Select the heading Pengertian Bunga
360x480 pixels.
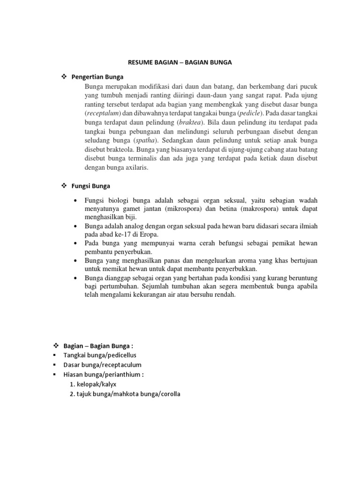(97, 77)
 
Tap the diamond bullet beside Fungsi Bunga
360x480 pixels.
(64, 186)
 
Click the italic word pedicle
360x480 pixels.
(251, 113)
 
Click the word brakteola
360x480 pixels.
(119, 150)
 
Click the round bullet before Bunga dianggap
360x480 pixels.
(75, 278)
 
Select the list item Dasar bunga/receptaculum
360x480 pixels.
(102, 365)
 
